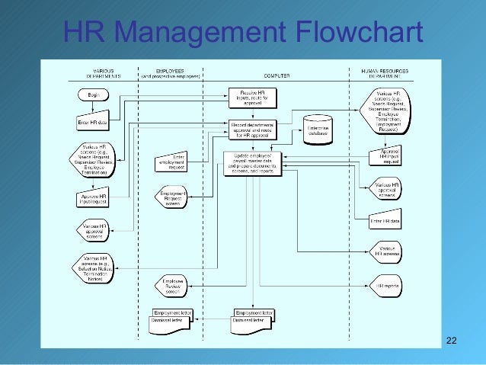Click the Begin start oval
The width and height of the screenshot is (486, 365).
click(94, 94)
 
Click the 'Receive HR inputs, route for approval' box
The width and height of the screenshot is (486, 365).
click(251, 98)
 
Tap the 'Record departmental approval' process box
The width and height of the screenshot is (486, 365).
click(251, 128)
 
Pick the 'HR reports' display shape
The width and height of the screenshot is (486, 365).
click(386, 287)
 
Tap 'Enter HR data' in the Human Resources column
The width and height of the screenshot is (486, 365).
click(385, 221)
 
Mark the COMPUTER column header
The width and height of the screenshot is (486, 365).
click(276, 75)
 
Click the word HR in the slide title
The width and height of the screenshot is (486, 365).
click(82, 32)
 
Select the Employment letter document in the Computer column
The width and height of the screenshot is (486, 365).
click(254, 314)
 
